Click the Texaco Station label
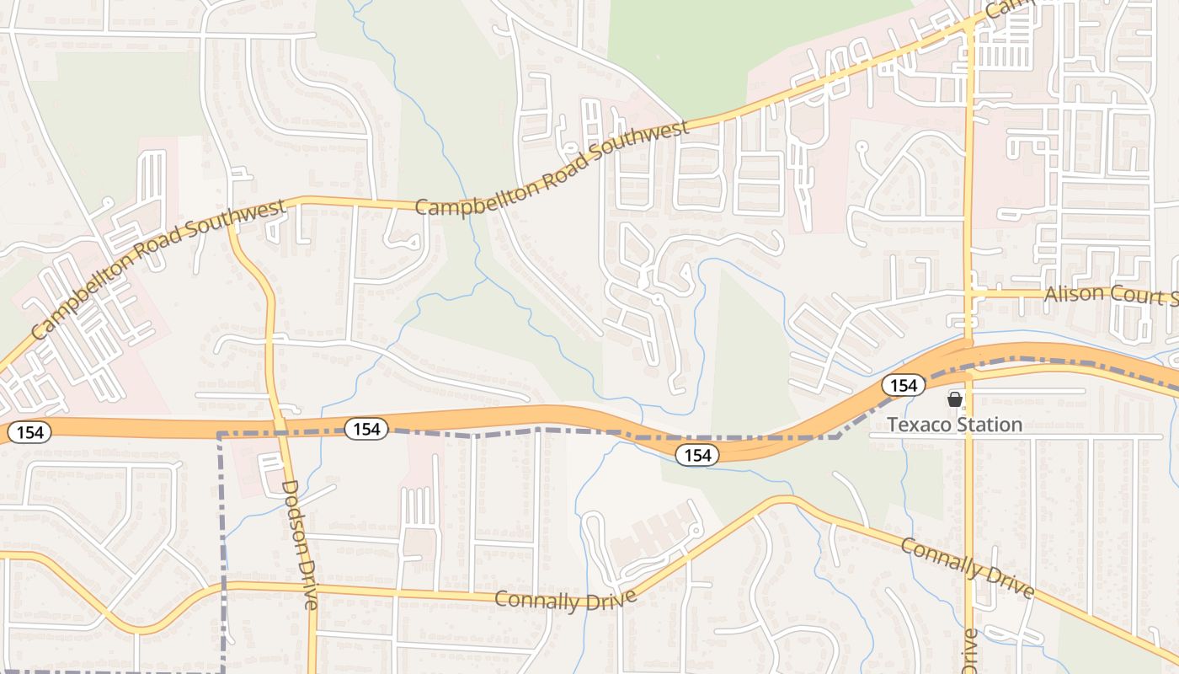[955, 425]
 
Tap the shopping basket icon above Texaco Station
[954, 399]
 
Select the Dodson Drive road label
[301, 544]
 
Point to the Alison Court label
[1110, 296]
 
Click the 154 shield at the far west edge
[29, 433]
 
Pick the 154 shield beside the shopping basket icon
[903, 385]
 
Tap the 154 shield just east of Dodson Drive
[366, 429]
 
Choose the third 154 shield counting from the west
[697, 455]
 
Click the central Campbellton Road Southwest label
[552, 167]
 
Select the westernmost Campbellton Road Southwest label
[158, 269]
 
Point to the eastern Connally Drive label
[967, 568]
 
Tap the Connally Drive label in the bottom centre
[565, 600]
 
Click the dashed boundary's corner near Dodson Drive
[220, 434]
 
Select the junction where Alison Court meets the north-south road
[968, 292]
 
